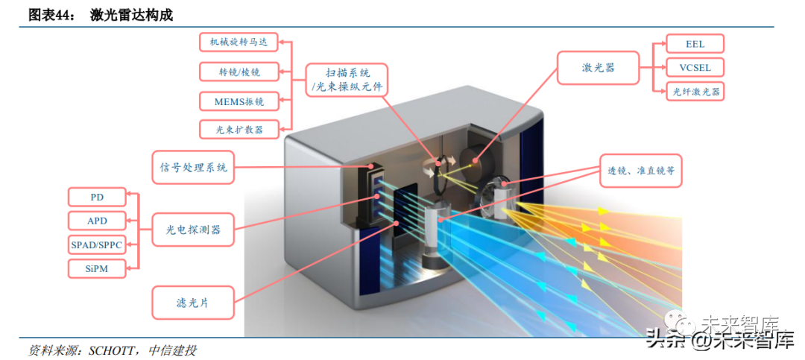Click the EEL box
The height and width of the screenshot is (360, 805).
tap(695, 44)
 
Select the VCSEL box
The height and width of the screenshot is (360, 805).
tap(695, 68)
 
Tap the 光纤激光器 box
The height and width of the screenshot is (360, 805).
tap(696, 92)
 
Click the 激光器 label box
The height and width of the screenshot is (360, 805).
tap(599, 68)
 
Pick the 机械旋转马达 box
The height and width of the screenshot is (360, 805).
tap(239, 42)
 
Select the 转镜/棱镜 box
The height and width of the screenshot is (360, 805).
tap(239, 72)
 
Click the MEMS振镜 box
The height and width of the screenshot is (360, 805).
tap(239, 101)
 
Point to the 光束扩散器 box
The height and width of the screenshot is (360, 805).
tap(239, 129)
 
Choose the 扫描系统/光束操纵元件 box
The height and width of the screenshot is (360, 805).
tap(347, 80)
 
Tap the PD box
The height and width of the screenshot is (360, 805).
tap(97, 197)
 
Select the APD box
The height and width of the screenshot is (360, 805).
tap(97, 221)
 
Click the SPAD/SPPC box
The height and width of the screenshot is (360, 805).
tap(97, 244)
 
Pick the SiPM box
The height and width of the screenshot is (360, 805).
tap(97, 268)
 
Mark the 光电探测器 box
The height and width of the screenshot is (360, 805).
tap(193, 230)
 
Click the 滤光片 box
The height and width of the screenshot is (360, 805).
tap(193, 302)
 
